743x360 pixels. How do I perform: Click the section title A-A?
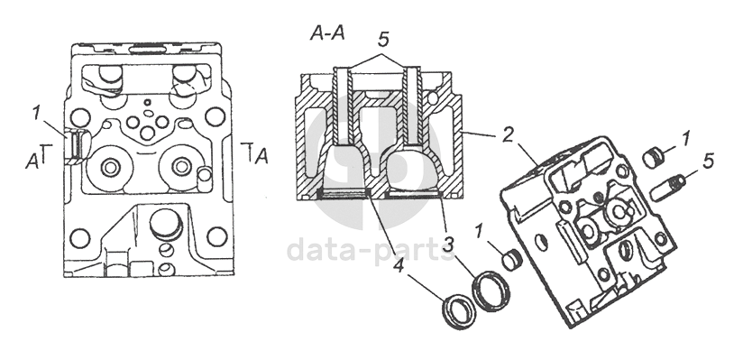pyautogui.click(x=327, y=33)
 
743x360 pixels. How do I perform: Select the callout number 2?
pyautogui.click(x=508, y=135)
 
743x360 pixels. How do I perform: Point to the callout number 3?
pyautogui.click(x=449, y=245)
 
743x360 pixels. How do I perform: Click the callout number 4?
pyautogui.click(x=399, y=265)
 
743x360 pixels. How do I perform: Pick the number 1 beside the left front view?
pyautogui.click(x=36, y=114)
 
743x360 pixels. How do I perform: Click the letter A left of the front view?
pyautogui.click(x=32, y=162)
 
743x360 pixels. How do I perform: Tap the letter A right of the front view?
pyautogui.click(x=261, y=155)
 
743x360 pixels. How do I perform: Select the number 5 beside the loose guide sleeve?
pyautogui.click(x=708, y=162)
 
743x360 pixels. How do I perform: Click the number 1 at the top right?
pyautogui.click(x=684, y=139)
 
